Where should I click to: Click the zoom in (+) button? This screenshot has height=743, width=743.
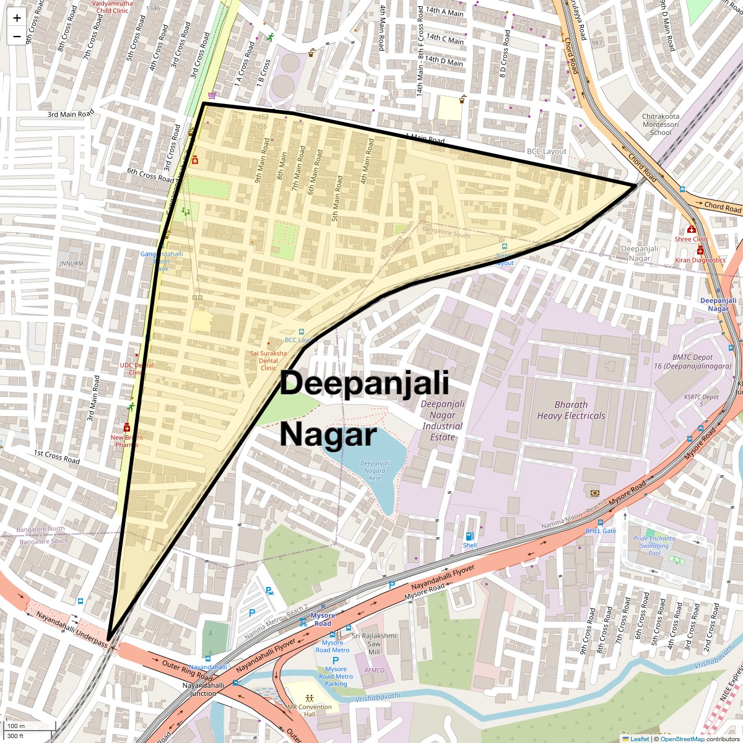click(x=17, y=18)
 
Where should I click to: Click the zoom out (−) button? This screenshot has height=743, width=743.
click(x=17, y=37)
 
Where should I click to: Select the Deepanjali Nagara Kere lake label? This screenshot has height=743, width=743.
click(x=375, y=471)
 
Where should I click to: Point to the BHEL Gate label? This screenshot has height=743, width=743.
click(x=601, y=531)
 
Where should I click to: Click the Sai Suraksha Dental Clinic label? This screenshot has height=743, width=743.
click(x=268, y=360)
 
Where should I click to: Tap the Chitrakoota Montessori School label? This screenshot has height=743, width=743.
click(x=660, y=124)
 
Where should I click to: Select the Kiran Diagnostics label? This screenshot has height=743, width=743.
click(x=700, y=260)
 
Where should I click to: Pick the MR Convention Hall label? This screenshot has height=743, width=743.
click(x=310, y=710)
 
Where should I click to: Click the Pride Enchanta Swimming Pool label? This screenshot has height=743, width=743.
click(x=654, y=545)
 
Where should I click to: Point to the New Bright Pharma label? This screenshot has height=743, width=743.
click(x=126, y=441)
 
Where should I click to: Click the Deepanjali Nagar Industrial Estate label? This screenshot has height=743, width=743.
click(x=442, y=420)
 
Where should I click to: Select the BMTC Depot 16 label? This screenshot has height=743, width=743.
click(x=692, y=362)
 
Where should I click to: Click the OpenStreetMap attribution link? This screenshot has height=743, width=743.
click(x=682, y=739)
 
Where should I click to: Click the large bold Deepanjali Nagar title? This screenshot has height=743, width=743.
click(x=364, y=409)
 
